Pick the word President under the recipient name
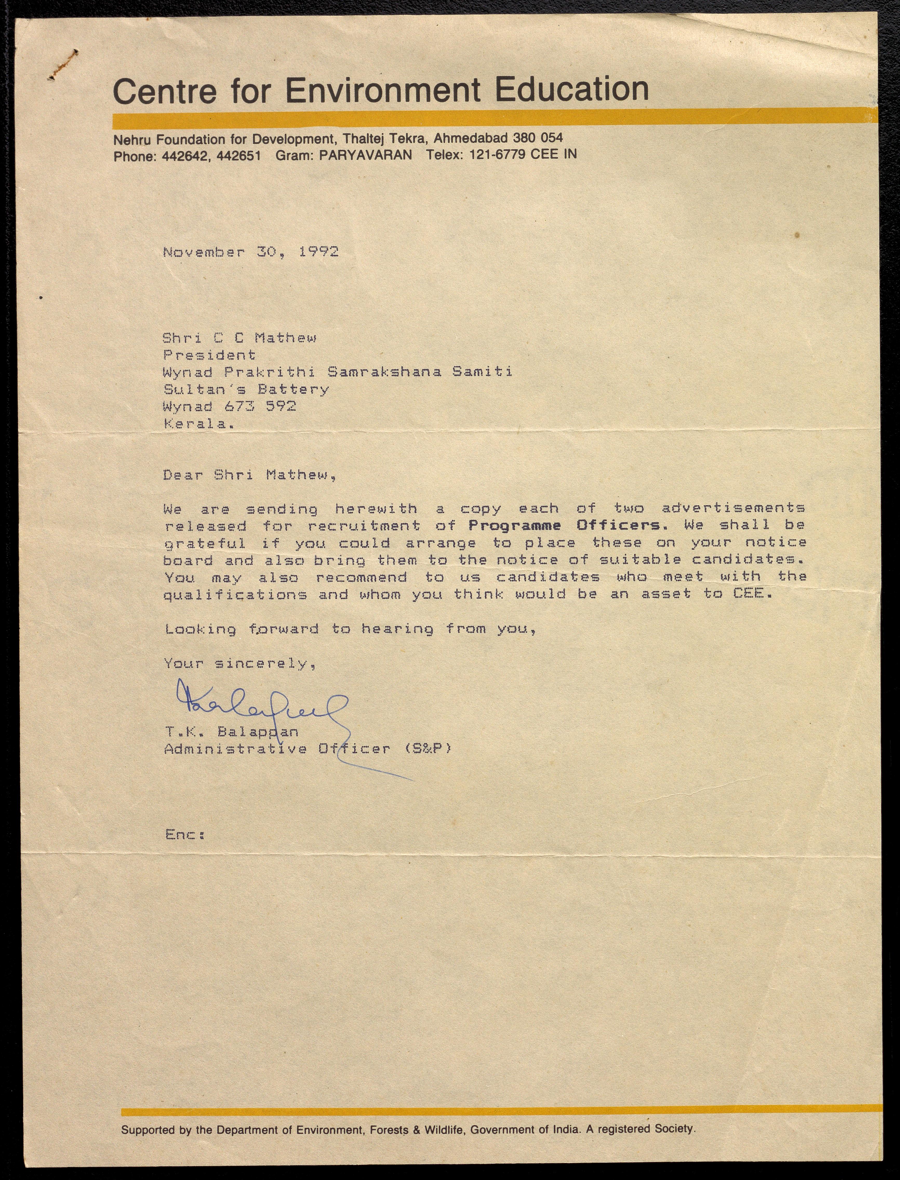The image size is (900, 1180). tap(209, 355)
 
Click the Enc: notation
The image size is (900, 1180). tap(185, 834)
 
